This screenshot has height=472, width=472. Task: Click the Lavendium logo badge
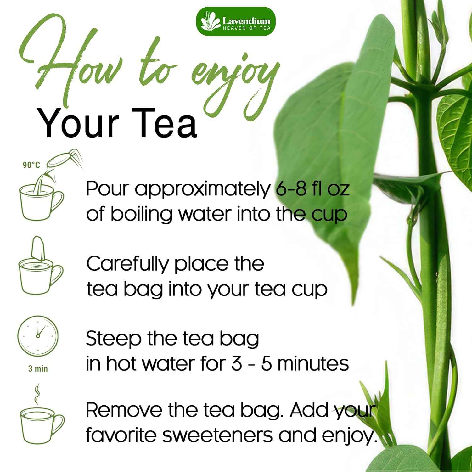pos(235,21)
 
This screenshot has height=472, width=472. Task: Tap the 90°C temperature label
pos(31,165)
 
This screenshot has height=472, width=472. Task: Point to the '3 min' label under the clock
pos(38,368)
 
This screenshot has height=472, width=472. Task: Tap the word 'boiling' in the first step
pos(142,214)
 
